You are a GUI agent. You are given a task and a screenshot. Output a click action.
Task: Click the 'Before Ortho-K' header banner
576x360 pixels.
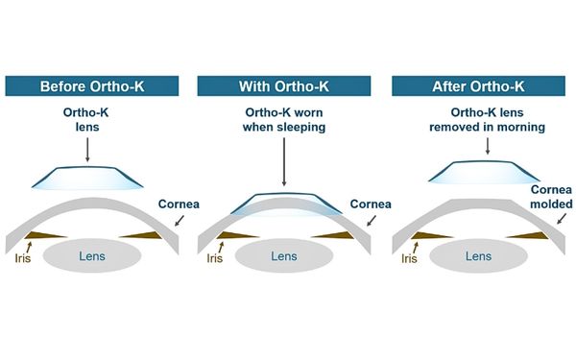point(93,87)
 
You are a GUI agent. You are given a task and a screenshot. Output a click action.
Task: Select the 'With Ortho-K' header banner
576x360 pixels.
point(285,87)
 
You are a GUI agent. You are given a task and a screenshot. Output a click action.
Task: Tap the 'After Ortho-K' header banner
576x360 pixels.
point(479,87)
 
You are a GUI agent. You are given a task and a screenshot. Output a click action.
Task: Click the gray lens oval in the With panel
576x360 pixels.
point(285,256)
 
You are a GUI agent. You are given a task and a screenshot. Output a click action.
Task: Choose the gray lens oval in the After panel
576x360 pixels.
point(478,256)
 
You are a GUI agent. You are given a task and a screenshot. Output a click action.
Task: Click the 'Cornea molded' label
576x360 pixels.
point(551,198)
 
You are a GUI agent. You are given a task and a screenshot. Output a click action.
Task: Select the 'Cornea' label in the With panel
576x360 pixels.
point(370,204)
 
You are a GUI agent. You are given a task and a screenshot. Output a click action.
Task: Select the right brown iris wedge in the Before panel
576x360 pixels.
point(145,235)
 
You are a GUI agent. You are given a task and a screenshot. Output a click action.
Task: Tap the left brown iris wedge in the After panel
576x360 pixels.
point(428,235)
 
